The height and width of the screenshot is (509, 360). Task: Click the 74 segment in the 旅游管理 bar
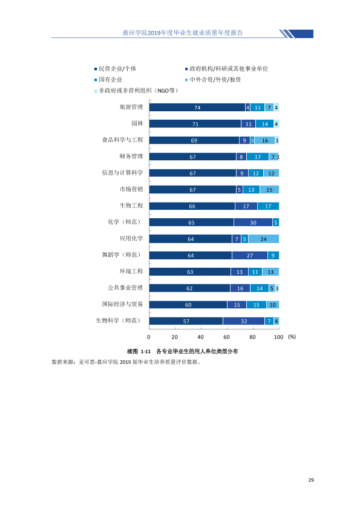(x=197, y=108)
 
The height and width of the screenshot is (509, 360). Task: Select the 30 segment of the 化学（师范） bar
(x=253, y=222)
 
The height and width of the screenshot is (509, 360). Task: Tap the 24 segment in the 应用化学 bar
(x=264, y=239)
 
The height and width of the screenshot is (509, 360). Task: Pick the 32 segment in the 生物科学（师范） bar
(x=244, y=321)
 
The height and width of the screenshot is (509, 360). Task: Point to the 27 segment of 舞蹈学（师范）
(x=250, y=256)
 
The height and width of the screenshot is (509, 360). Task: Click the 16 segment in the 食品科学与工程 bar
(x=265, y=140)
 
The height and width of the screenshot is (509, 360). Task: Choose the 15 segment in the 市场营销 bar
(x=269, y=190)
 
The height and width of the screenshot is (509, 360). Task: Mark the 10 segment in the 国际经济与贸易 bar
(x=273, y=305)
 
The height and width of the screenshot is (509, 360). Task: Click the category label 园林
(x=137, y=123)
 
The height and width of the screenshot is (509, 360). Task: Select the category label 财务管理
(x=131, y=156)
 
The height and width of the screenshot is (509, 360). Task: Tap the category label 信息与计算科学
(x=122, y=173)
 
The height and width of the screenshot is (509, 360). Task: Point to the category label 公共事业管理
(x=125, y=288)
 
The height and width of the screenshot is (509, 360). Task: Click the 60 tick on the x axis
(x=226, y=337)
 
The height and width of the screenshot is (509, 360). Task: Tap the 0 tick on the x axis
(x=149, y=337)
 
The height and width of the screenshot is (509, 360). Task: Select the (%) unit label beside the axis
(x=292, y=337)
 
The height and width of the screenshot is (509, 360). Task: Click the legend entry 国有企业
(x=108, y=80)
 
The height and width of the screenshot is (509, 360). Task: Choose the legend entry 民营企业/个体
(x=116, y=68)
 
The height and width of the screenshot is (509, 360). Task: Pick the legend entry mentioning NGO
(x=136, y=91)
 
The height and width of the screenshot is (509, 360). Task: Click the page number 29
(x=311, y=480)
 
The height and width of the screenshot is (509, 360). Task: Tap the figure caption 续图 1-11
(x=139, y=351)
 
